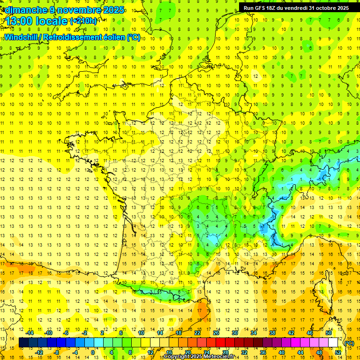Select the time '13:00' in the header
20,21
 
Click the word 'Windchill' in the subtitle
20,37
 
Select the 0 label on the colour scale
92,352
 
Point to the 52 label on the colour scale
338,352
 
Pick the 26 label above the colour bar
216,333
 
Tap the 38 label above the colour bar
272,333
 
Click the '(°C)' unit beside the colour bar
349,343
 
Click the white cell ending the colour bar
333,343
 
